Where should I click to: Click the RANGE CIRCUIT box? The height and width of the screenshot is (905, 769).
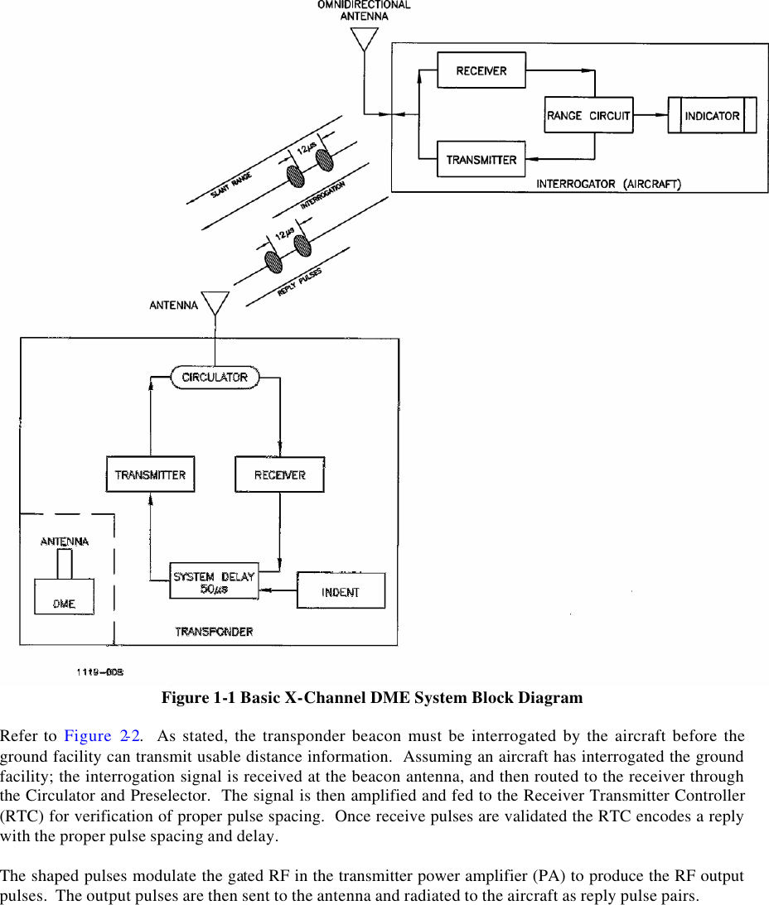click(588, 115)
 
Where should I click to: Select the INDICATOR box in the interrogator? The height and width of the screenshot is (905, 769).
click(712, 115)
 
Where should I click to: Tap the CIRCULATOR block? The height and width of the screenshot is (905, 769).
click(215, 378)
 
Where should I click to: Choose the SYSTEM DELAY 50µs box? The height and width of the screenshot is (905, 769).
click(214, 581)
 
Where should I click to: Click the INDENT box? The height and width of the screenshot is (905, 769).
click(341, 591)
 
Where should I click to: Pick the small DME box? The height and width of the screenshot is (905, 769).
click(64, 597)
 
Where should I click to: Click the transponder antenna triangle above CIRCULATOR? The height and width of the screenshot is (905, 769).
click(215, 303)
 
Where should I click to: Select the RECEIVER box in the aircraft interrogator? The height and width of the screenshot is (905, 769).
click(481, 70)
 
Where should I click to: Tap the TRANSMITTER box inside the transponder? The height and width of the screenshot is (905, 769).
click(150, 474)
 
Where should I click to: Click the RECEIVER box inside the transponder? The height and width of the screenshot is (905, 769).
click(279, 474)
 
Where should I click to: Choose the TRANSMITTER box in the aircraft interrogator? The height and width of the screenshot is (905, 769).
click(481, 159)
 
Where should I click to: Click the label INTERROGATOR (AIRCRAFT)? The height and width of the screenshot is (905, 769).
click(608, 184)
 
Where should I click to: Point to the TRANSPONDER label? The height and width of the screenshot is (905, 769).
click(214, 631)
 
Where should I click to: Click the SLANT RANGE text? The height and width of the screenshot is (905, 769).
click(231, 185)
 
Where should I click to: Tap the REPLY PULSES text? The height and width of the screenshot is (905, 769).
click(300, 282)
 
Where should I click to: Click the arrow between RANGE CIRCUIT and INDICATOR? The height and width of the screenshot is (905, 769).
click(651, 115)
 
